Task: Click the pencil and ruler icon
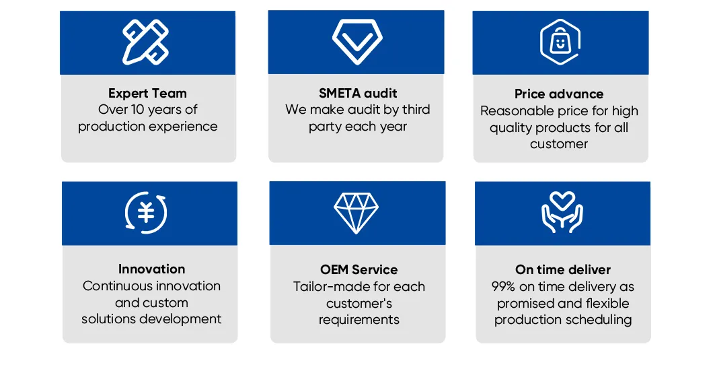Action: (x=146, y=42)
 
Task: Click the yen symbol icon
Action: (x=146, y=213)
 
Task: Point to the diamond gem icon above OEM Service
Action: (x=356, y=213)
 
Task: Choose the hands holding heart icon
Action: (x=562, y=213)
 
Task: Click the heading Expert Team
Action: (x=147, y=94)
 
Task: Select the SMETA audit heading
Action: (x=358, y=93)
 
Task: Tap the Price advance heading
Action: (x=559, y=94)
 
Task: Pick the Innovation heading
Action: (x=151, y=269)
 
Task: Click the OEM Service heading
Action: (x=359, y=269)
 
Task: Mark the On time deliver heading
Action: (x=563, y=269)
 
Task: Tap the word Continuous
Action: (x=115, y=286)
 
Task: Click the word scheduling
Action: (x=599, y=319)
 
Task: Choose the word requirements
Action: (x=359, y=319)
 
